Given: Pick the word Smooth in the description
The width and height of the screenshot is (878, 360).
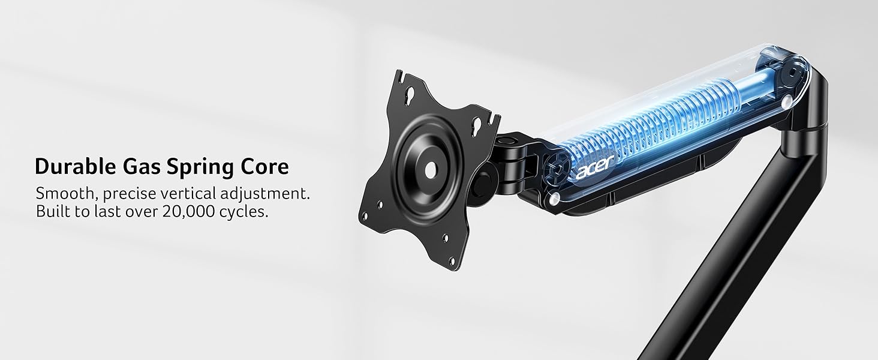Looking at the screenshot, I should (x=62, y=194).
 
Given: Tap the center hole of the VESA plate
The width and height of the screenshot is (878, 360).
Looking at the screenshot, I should (x=431, y=169).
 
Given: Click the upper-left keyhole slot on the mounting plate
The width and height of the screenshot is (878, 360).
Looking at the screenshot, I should (x=403, y=95).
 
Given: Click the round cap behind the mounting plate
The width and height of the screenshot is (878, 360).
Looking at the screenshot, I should (x=479, y=182).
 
